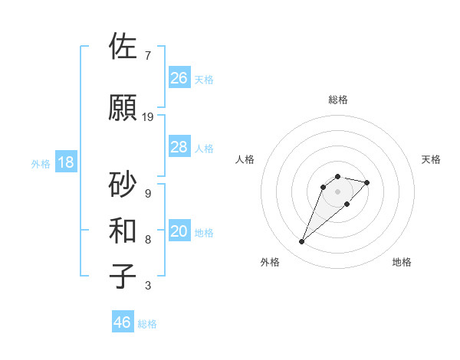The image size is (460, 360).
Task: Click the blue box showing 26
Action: pos(179,78)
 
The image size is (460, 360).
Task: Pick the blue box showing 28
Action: pos(179,147)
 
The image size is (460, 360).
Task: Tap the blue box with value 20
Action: pos(179,232)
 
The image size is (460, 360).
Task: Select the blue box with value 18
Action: pos(65,162)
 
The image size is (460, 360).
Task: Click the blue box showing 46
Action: pos(123,322)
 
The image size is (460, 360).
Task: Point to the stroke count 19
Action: pos(148,117)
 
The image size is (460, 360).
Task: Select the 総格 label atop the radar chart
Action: pos(337,100)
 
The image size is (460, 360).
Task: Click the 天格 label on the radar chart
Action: pos(431,159)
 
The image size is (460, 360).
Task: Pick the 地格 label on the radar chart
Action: pos(402,262)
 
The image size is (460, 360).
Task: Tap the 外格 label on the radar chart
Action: pos(270,262)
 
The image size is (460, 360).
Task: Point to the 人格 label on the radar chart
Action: pos(245,159)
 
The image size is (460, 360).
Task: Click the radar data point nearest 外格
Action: pos(302,242)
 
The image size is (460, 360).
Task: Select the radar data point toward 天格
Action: pos(367,182)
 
